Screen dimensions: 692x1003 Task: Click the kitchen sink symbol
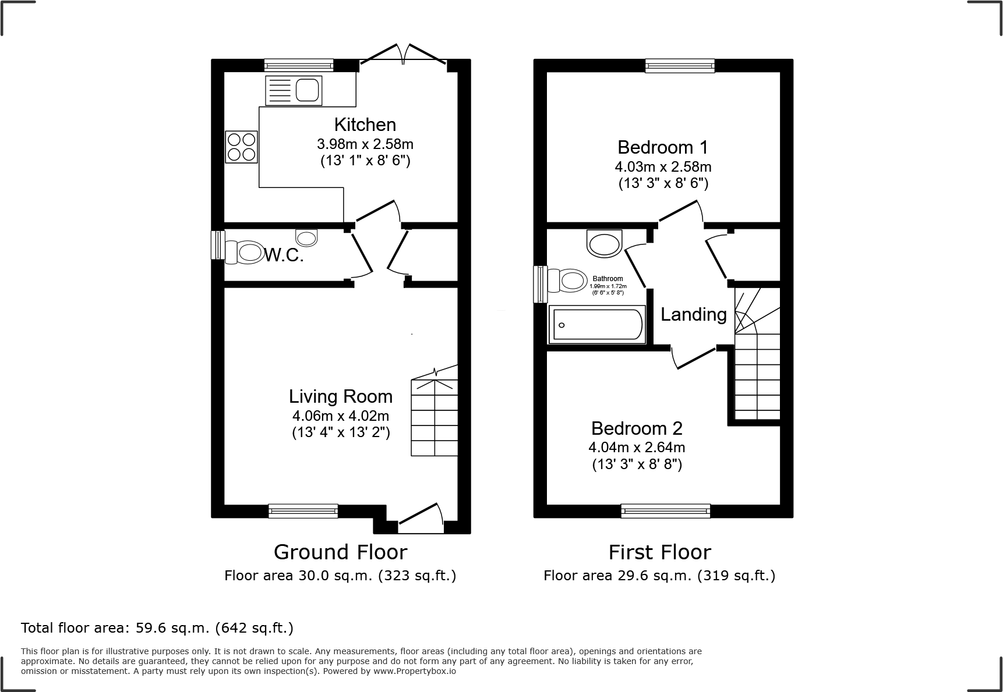click(x=294, y=90)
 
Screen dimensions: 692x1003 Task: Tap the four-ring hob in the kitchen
click(x=242, y=146)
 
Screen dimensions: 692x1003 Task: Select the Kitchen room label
click(x=365, y=125)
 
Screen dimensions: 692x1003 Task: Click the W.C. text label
click(x=284, y=255)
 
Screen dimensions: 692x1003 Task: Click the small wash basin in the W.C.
click(x=307, y=237)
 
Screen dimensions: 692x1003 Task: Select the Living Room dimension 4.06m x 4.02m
click(x=341, y=416)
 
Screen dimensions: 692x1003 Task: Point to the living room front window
click(x=303, y=511)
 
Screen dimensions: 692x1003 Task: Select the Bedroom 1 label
click(x=663, y=147)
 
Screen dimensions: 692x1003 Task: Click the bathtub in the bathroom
click(x=597, y=325)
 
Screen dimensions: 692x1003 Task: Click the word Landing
click(x=693, y=315)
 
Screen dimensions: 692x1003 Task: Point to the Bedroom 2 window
click(x=666, y=511)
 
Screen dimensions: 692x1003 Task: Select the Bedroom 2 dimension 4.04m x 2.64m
click(x=637, y=447)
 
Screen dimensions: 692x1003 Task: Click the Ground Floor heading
click(x=340, y=552)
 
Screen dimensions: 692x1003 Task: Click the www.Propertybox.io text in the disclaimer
click(x=415, y=671)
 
